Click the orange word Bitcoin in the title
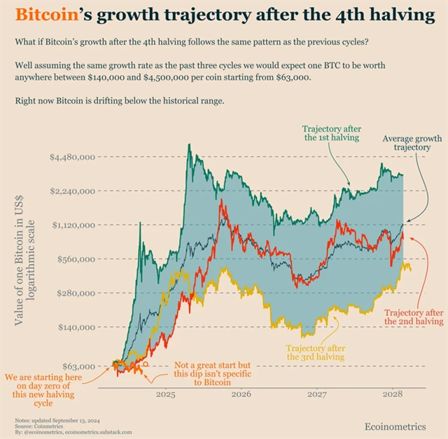tap(43, 15)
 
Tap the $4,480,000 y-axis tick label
tap(72, 158)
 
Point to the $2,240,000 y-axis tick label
tap(72, 191)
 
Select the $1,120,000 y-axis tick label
tap(72, 225)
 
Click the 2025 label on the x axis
tap(166, 394)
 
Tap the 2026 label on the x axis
tap(241, 394)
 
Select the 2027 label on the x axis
tap(316, 394)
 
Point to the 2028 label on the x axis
tap(392, 394)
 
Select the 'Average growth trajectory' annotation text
tap(412, 144)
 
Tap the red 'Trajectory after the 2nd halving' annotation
tap(414, 316)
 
